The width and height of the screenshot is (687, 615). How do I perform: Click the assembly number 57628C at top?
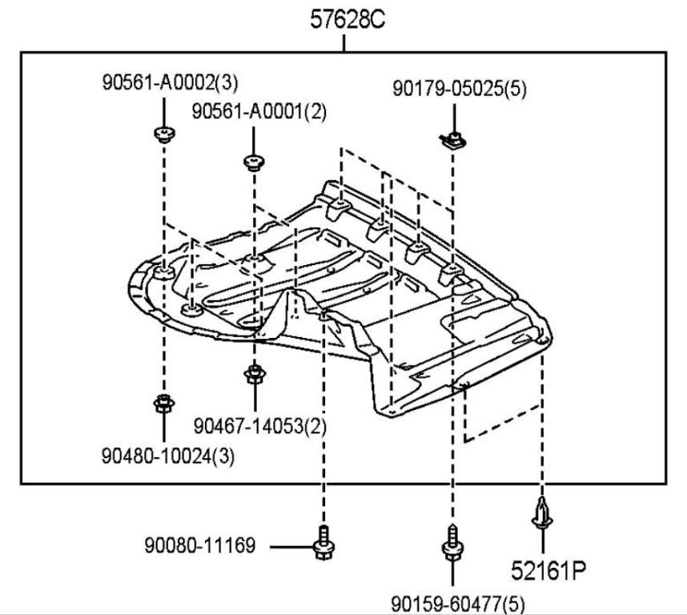[348, 20]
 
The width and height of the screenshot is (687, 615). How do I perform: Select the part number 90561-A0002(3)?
[170, 82]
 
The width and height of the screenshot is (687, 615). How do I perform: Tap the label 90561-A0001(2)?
[259, 112]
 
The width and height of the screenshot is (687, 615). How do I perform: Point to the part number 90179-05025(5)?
[460, 89]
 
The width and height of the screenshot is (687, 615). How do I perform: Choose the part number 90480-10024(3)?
[167, 457]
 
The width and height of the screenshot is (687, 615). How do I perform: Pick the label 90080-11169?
[200, 546]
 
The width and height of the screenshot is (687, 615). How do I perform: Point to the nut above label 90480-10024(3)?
[163, 403]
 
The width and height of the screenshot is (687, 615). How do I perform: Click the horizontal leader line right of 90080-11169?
[290, 547]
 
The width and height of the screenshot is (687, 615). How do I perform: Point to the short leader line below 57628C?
[345, 43]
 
